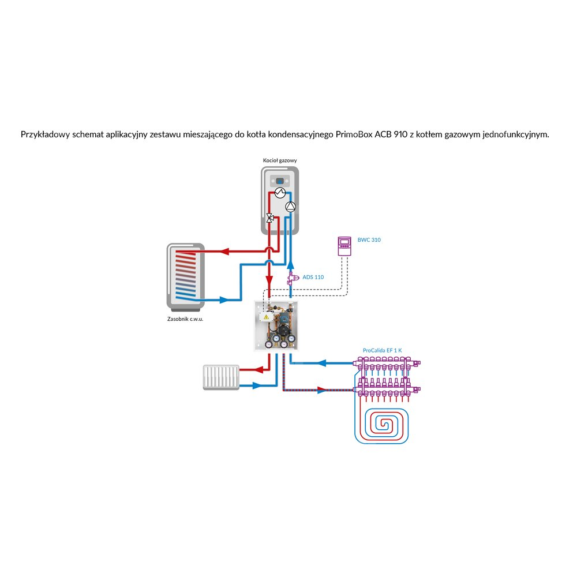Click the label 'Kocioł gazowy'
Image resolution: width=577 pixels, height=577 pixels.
280,160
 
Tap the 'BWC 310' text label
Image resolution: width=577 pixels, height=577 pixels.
369,239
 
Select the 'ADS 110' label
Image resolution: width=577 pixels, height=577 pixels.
313,277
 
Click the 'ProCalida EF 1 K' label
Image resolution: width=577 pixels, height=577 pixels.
382,350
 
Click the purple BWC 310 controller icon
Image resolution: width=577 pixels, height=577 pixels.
344,246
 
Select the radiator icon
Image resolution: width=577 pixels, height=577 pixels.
221,377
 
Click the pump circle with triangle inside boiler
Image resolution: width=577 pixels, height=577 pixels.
291,207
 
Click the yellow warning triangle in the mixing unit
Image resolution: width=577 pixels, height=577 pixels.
266,317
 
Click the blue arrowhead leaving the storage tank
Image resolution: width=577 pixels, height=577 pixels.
223,299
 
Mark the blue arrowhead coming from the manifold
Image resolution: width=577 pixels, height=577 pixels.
322,363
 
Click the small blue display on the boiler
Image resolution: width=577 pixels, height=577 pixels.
280,181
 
